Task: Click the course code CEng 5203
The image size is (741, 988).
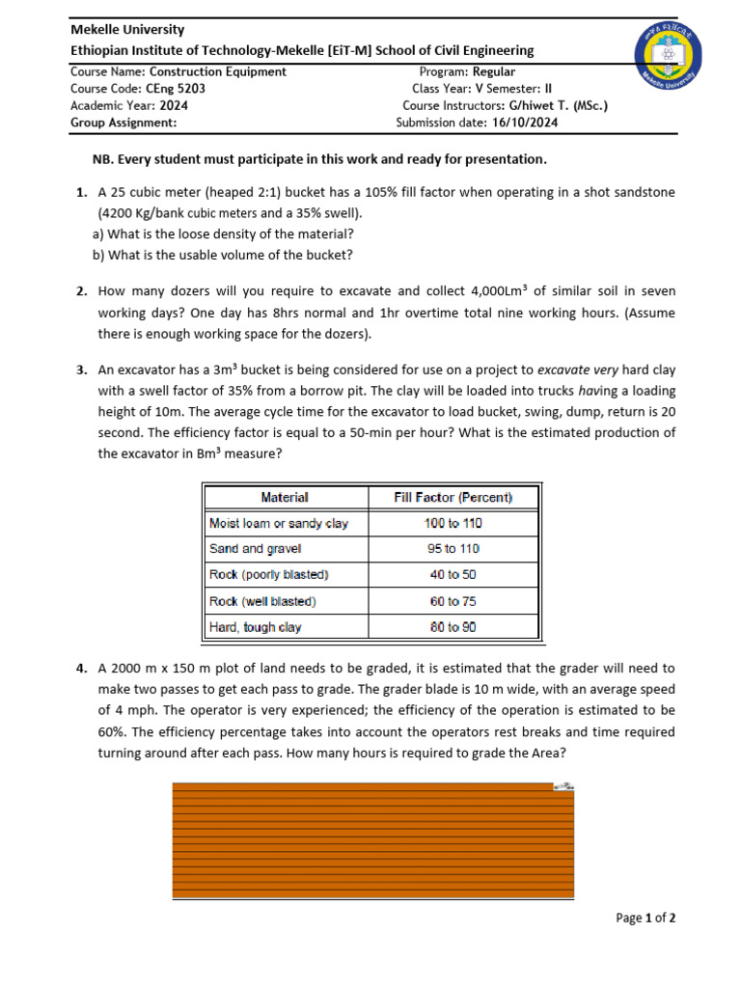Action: click(177, 88)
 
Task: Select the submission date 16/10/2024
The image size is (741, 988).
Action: click(525, 123)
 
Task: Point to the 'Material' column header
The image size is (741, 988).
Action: click(285, 497)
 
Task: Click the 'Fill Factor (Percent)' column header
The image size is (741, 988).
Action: click(453, 497)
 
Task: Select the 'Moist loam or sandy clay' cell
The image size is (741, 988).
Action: click(279, 523)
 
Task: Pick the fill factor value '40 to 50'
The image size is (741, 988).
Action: click(453, 575)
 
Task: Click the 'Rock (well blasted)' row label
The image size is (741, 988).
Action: click(262, 601)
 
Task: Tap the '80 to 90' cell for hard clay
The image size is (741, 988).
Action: click(453, 627)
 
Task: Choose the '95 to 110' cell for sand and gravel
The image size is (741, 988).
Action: click(453, 549)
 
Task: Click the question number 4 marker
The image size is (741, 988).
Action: click(81, 668)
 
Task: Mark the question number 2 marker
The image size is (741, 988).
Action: click(81, 290)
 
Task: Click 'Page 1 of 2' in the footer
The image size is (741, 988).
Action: click(645, 919)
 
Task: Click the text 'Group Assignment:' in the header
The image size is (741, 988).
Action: click(123, 123)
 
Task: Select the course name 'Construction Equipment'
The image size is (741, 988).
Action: click(218, 71)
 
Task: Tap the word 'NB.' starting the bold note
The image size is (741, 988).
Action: click(100, 158)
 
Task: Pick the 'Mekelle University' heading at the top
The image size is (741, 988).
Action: click(127, 30)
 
